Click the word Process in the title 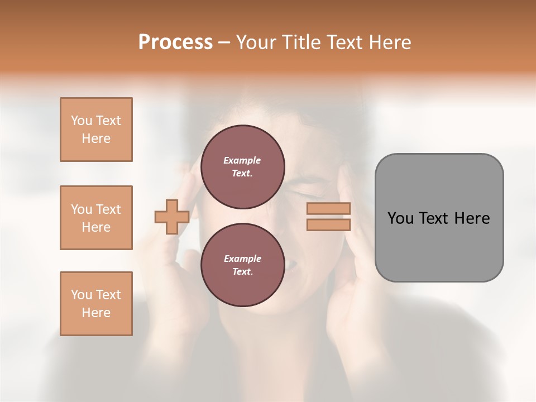pyautogui.click(x=175, y=42)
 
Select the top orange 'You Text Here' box pyautogui.click(x=96, y=130)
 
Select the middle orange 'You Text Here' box pyautogui.click(x=96, y=218)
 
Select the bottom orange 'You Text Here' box pyautogui.click(x=96, y=304)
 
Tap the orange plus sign pyautogui.click(x=172, y=217)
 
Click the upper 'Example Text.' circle pyautogui.click(x=242, y=167)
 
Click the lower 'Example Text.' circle pyautogui.click(x=242, y=265)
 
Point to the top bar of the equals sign pyautogui.click(x=328, y=208)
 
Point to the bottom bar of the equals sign pyautogui.click(x=328, y=224)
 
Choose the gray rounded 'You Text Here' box pyautogui.click(x=439, y=218)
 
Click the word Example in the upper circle pyautogui.click(x=242, y=160)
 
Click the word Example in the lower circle pyautogui.click(x=242, y=259)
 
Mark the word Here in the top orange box pyautogui.click(x=96, y=138)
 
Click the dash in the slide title pyautogui.click(x=224, y=42)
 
